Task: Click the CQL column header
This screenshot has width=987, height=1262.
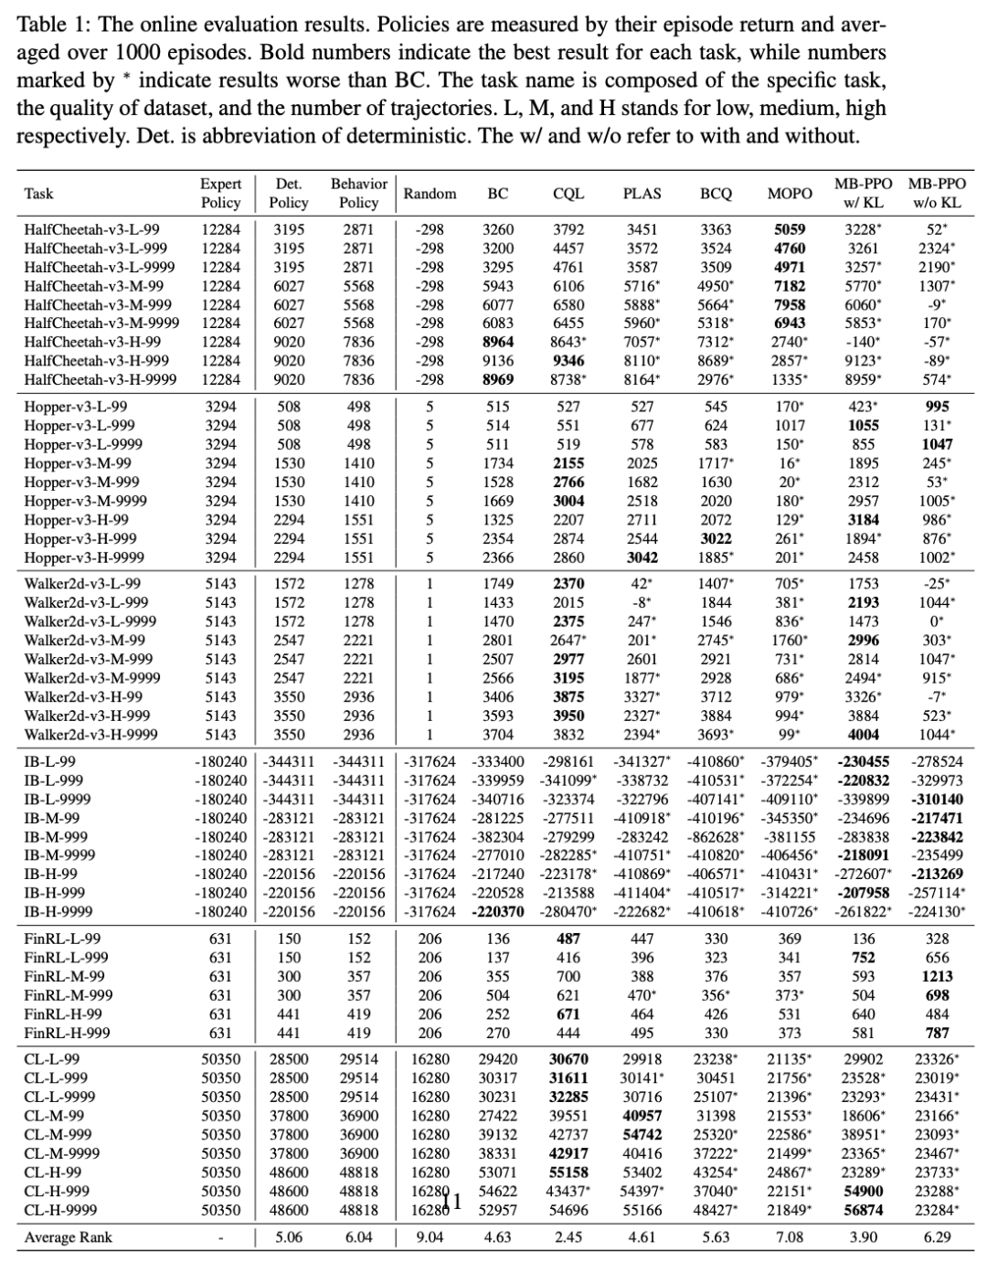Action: tap(568, 194)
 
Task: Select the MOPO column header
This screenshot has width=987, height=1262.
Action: tap(790, 194)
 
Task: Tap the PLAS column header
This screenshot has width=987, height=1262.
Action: tap(642, 194)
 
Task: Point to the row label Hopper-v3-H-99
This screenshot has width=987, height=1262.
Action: tap(76, 520)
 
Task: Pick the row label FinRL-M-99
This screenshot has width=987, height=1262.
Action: tap(64, 976)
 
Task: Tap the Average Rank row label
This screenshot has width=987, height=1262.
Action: tap(69, 1238)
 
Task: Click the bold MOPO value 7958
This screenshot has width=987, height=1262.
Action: tap(790, 304)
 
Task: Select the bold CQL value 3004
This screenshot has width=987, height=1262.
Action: tap(568, 501)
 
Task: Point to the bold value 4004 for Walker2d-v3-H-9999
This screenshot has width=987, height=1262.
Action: tap(864, 735)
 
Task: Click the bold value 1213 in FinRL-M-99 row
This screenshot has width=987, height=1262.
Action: tap(937, 976)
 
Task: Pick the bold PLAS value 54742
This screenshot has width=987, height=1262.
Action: tap(642, 1134)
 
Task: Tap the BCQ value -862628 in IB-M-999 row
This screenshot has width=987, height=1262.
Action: tap(715, 836)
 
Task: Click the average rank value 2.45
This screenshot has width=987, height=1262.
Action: tap(568, 1238)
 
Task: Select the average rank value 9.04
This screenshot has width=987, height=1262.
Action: tap(430, 1238)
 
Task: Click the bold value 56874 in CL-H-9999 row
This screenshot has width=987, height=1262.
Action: tap(864, 1210)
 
